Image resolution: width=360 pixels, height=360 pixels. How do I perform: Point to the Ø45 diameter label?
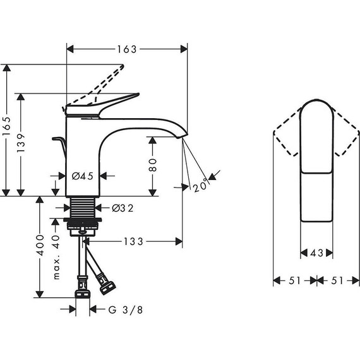83,177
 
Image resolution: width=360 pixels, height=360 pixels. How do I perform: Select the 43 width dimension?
316,253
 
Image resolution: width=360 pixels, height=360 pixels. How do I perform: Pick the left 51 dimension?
295,280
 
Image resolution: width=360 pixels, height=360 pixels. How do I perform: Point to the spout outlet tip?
184,136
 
